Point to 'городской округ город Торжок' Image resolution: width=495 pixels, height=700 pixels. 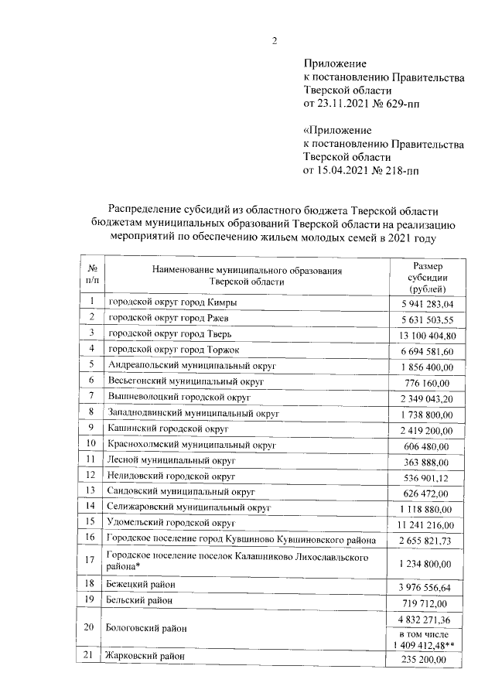[x=166, y=350]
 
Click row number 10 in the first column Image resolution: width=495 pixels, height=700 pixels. [x=91, y=444]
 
